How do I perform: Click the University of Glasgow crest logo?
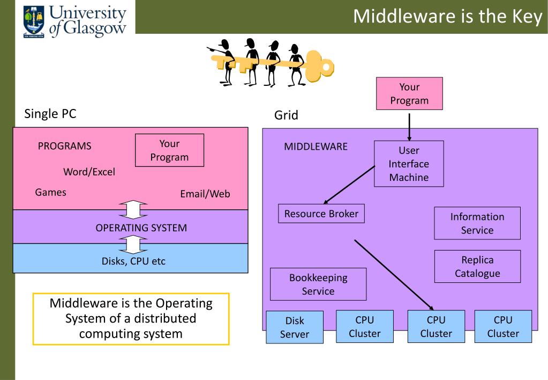pos(34,21)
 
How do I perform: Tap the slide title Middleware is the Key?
pos(448,17)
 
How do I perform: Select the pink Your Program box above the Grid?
pos(409,93)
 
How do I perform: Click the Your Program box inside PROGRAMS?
pos(169,150)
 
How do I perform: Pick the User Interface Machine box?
pos(409,164)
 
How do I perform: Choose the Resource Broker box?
pos(321,214)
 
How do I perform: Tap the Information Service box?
pos(477,223)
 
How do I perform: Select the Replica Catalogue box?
pos(477,266)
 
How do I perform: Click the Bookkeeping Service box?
pos(318,284)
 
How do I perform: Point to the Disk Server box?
pos(295,327)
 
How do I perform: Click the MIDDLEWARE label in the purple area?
pos(316,147)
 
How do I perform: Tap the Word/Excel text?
pos(89,172)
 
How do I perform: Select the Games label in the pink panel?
pos(51,192)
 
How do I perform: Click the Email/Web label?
pos(205,194)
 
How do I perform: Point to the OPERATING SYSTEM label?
pos(141,228)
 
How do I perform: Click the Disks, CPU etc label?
pos(133,261)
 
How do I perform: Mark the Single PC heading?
pos(50,113)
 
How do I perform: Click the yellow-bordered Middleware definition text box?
pos(131,319)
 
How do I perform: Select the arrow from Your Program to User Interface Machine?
pos(409,127)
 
